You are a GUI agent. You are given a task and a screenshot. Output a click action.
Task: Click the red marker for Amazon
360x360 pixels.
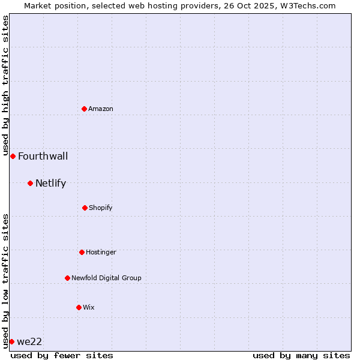pos(85,109)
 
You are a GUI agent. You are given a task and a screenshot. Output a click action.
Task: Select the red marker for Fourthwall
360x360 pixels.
pos(13,156)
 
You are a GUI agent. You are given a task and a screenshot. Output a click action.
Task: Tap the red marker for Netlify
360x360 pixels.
pos(30,183)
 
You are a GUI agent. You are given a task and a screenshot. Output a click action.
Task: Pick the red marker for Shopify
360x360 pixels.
pos(85,208)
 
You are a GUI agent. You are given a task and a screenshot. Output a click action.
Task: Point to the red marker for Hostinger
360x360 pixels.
pos(82,252)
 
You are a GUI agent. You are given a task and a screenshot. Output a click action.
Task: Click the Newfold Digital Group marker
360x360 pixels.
pos(67,278)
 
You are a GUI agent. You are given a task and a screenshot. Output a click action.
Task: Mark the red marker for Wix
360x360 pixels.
pos(79,307)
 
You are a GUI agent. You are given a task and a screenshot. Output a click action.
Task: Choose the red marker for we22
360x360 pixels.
pos(11,341)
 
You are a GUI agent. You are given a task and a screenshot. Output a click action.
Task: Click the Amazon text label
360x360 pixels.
pos(101,109)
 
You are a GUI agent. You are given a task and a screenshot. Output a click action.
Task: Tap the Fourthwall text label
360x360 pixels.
pos(43,157)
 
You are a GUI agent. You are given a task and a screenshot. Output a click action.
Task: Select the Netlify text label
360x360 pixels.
pos(50,184)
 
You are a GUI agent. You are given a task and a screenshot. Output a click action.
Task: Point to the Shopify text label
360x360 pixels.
pos(101,208)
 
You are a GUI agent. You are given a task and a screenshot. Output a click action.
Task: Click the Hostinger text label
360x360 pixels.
pos(101,252)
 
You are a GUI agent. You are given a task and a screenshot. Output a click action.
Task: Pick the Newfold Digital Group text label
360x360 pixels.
pos(106,278)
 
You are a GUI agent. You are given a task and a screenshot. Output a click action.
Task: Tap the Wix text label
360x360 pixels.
pos(89,307)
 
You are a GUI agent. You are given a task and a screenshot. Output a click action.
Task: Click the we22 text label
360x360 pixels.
pos(29,342)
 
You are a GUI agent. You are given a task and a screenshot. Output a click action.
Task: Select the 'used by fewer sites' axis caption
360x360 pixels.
pos(62,355)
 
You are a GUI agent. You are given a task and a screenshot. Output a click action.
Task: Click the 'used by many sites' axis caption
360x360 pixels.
pos(301,355)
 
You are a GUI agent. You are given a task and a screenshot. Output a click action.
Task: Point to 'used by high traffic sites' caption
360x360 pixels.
pos(5,86)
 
